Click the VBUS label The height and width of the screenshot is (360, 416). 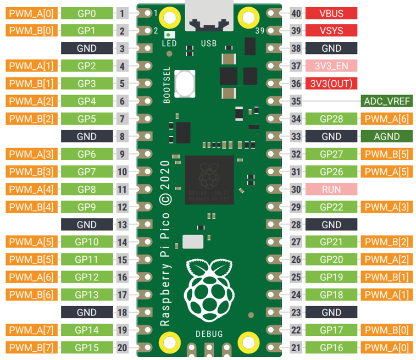[331, 13]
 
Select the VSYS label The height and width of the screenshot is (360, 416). [331, 31]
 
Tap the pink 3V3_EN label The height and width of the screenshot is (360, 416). [331, 66]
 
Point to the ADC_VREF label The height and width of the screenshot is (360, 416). [386, 101]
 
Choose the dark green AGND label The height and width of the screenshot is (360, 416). [386, 136]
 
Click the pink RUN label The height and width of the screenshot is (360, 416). [331, 190]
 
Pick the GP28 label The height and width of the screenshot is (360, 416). [331, 119]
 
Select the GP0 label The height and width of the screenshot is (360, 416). [87, 13]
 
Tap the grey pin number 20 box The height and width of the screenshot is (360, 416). [123, 347]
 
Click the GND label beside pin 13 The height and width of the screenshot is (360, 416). [87, 225]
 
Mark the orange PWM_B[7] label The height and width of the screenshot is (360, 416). [31, 347]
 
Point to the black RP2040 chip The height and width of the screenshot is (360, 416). [209, 180]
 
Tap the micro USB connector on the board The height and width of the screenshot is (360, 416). [209, 16]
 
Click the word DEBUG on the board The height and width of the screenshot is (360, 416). [209, 334]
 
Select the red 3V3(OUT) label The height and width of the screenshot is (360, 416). [331, 84]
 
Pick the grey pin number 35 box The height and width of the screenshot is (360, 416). [296, 101]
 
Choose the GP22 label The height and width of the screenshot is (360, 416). [331, 207]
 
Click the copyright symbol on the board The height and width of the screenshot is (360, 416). [165, 200]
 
